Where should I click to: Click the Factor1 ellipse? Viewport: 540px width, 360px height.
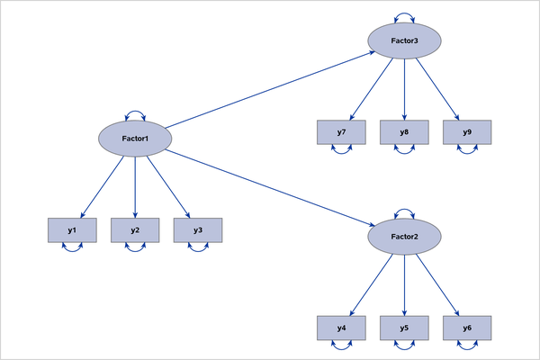[x=135, y=138]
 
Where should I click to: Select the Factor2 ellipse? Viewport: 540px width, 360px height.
[x=405, y=236]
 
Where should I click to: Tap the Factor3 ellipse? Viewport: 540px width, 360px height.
[x=405, y=40]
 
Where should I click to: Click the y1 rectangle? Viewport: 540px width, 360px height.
[x=71, y=231]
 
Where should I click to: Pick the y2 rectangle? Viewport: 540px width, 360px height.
[x=135, y=231]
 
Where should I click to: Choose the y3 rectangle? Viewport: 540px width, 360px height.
[x=198, y=231]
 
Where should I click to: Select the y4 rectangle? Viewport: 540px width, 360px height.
[x=342, y=328]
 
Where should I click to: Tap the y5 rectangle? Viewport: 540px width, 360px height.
[x=405, y=328]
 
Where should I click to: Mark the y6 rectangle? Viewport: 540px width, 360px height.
[x=467, y=328]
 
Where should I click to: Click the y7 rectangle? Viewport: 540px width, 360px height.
[x=342, y=132]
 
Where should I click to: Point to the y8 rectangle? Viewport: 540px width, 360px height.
[x=405, y=132]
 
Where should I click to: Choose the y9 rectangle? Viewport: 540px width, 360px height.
[x=467, y=132]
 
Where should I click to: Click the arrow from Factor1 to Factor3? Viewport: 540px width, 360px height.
[x=270, y=90]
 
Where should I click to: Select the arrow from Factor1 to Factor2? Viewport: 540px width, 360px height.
[x=270, y=186]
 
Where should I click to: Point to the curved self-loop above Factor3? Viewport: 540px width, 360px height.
[x=405, y=15]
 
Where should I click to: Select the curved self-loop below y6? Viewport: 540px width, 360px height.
[x=467, y=348]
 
